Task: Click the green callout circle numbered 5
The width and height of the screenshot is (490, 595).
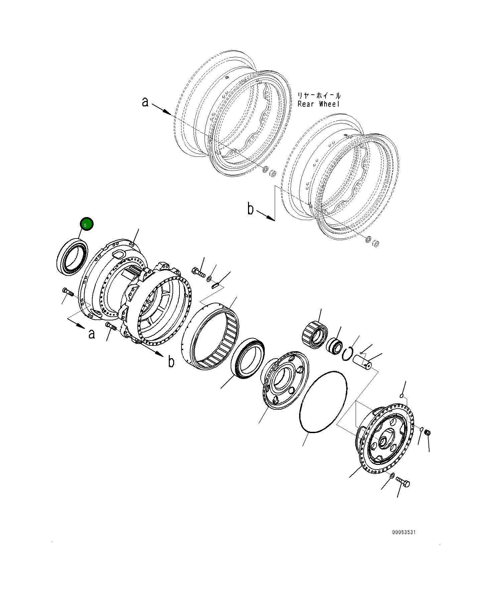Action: click(x=86, y=225)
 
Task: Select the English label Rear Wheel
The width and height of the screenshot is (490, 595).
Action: click(x=319, y=104)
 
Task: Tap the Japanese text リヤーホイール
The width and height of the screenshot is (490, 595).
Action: click(x=319, y=96)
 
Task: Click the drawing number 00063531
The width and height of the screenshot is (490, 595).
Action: click(x=404, y=541)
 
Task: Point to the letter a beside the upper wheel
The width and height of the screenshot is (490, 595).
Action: click(x=145, y=101)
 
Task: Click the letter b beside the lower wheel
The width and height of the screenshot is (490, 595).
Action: click(x=251, y=209)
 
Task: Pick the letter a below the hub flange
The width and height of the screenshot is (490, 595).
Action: click(x=91, y=333)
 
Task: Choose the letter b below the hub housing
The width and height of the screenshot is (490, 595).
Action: click(x=171, y=362)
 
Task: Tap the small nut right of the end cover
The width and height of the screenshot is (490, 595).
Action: click(x=427, y=433)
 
